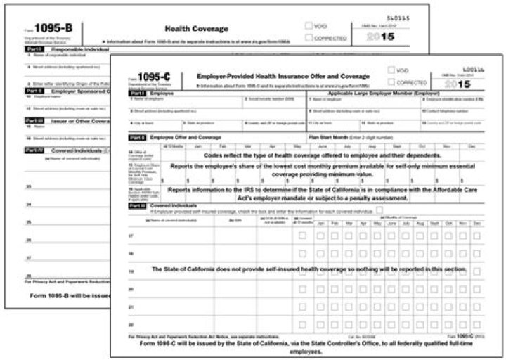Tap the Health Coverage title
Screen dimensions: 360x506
coord(196,29)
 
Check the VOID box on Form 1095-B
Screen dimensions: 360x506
coord(309,26)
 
